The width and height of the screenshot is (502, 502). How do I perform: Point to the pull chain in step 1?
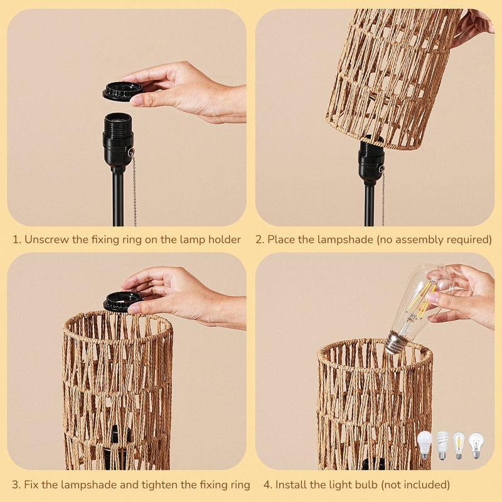tap(134, 188)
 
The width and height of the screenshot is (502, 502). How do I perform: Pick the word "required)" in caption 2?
tap(469, 239)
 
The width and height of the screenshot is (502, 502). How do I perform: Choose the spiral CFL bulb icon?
tap(442, 444)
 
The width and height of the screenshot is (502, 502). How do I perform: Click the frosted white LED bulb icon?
tap(425, 444)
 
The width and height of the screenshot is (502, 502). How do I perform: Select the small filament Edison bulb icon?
tap(459, 444)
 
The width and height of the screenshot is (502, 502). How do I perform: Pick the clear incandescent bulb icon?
tap(476, 444)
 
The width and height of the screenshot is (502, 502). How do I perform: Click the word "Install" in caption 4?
tap(293, 484)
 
